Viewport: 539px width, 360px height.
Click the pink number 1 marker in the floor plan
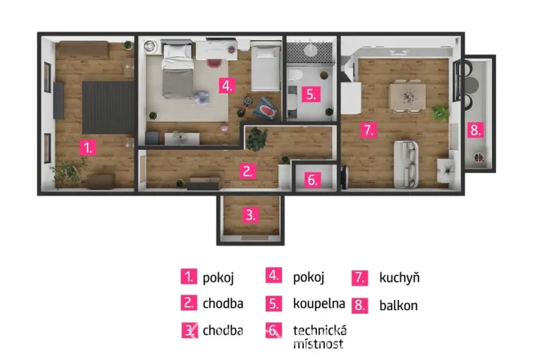89,147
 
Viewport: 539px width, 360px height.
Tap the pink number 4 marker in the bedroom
225,85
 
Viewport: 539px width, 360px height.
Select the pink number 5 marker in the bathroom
309,95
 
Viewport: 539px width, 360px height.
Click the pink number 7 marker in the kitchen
368,130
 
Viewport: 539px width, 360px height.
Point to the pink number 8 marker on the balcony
475,130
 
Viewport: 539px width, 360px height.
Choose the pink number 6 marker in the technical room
311,181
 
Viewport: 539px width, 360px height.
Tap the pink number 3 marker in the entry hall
250,215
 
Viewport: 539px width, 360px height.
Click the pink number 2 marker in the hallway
247,172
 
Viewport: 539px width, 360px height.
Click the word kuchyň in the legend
400,278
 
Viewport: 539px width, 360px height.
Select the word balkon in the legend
398,305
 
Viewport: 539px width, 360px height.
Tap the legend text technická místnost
320,336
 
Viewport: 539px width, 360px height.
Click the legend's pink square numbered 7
361,278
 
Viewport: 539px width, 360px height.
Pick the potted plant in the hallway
256,138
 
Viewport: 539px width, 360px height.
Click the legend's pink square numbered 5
274,303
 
